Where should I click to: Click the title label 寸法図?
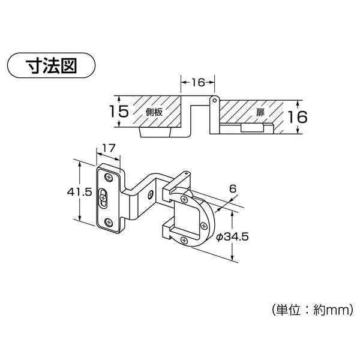pyautogui.click(x=51, y=65)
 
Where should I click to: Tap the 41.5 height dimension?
pyautogui.click(x=79, y=192)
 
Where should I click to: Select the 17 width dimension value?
pyautogui.click(x=109, y=149)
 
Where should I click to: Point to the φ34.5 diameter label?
pyautogui.click(x=232, y=236)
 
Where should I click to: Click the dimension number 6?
pyautogui.click(x=233, y=189)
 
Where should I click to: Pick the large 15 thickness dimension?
pyautogui.click(x=119, y=112)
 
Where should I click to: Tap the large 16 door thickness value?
pyautogui.click(x=297, y=116)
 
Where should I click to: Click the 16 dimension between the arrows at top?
pyautogui.click(x=198, y=82)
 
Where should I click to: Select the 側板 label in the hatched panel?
pyautogui.click(x=154, y=112)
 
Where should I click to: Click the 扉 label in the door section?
pyautogui.click(x=260, y=113)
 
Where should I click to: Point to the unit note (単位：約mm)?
pyautogui.click(x=313, y=310)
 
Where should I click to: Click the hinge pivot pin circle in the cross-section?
pyautogui.click(x=214, y=100)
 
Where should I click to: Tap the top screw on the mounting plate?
pyautogui.click(x=109, y=178)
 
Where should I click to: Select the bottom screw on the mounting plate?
pyautogui.click(x=109, y=223)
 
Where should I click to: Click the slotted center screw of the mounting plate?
pyautogui.click(x=103, y=197)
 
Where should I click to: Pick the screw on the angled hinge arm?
pyautogui.click(x=151, y=194)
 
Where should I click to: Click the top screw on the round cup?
pyautogui.click(x=184, y=199)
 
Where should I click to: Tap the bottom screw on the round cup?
pyautogui.click(x=184, y=241)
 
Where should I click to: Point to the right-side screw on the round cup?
pyautogui.click(x=203, y=226)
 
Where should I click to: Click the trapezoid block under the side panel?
pyautogui.click(x=155, y=132)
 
